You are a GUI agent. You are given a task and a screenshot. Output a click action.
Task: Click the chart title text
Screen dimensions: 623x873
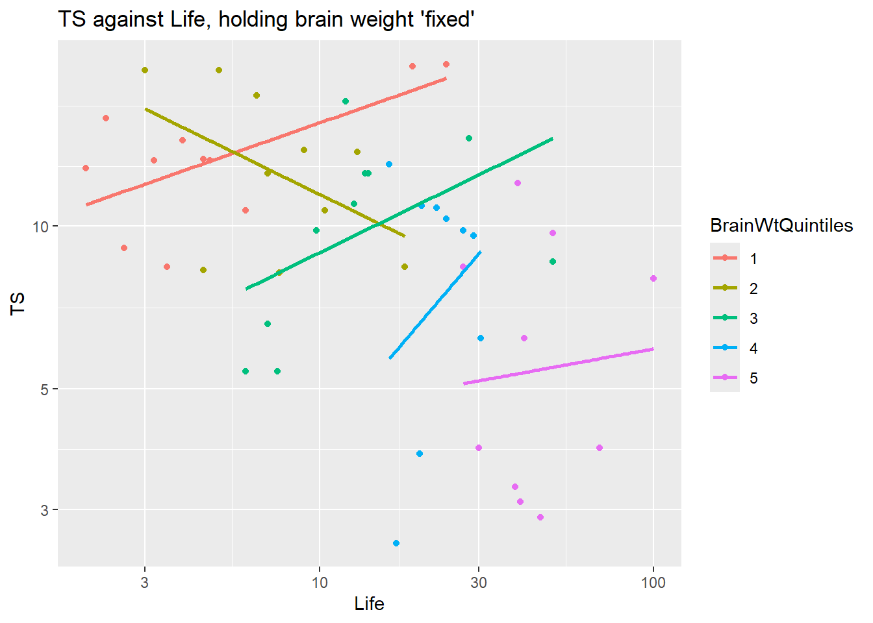coord(266,19)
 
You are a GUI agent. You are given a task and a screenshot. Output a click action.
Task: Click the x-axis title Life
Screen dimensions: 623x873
coord(369,604)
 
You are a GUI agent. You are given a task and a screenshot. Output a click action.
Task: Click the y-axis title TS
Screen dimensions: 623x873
coord(18,304)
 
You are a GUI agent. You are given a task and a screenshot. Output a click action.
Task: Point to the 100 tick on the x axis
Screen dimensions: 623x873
coord(653,583)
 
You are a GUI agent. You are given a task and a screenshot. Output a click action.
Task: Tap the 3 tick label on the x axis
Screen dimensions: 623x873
coord(144,583)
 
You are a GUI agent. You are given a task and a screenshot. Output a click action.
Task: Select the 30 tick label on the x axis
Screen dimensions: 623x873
coord(479,583)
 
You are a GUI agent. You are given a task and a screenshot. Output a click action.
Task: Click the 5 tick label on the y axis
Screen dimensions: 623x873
coord(45,389)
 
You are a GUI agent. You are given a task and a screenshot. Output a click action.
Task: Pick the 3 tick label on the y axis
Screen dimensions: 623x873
coord(45,510)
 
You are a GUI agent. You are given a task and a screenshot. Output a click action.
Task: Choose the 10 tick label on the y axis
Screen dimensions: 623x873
coord(41,226)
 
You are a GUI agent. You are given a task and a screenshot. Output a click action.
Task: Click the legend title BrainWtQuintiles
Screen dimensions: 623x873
coord(781,225)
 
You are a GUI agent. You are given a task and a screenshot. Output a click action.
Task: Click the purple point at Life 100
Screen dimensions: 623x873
coord(653,278)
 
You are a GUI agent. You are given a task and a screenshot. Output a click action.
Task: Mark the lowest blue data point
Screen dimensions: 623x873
coord(396,543)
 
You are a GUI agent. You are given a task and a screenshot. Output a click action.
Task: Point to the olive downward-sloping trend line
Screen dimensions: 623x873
coord(273,171)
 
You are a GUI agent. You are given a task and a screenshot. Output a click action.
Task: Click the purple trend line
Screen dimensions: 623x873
coord(559,367)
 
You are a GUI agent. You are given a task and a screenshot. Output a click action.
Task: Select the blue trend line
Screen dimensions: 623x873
coord(435,305)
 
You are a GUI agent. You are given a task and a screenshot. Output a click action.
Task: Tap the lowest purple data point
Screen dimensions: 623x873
coord(540,517)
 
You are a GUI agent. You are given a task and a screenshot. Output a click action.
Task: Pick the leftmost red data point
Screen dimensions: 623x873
coord(86,168)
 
